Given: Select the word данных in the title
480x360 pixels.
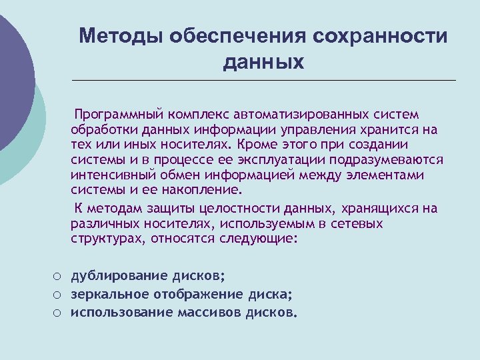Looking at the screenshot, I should [x=263, y=62].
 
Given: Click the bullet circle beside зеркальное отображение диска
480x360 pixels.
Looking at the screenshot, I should [x=59, y=294].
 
